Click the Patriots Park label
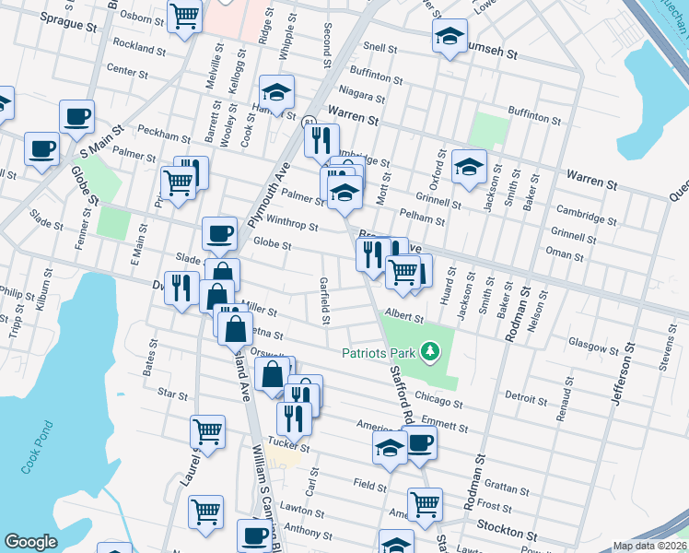pos(379,352)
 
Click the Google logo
pos(30,542)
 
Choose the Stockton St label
pos(507,534)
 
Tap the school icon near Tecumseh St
pos(449,36)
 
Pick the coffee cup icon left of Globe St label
pos(218,233)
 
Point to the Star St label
pos(173,394)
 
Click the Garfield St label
pos(324,300)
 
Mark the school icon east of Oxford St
pos(469,166)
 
